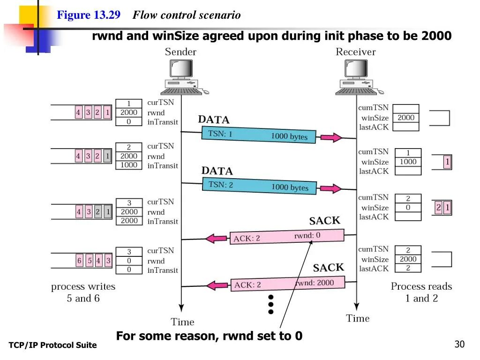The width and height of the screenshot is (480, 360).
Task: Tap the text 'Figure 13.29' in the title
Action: coord(89,15)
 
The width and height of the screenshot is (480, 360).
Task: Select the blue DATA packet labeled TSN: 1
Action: coord(259,135)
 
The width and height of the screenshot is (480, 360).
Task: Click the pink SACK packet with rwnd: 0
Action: coord(287,237)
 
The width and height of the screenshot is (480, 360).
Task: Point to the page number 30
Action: coord(459,345)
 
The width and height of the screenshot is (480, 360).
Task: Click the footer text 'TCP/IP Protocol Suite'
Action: coord(52,345)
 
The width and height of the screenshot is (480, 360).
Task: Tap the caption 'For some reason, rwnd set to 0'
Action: coord(209,336)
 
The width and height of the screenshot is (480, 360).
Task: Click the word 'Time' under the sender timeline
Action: coord(182,322)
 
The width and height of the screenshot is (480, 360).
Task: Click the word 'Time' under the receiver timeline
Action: coord(358,319)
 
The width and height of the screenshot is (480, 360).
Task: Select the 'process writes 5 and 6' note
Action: coord(83,292)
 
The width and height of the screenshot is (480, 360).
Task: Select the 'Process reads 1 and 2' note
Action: coord(421,292)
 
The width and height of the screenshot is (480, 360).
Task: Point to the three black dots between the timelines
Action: coord(270,304)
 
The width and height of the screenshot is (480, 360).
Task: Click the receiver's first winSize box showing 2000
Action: coord(406,118)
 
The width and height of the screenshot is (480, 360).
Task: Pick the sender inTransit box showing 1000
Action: coord(129,165)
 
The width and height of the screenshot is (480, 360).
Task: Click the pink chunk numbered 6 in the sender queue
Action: coord(80,261)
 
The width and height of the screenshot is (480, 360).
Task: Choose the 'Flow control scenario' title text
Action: coord(187,15)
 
